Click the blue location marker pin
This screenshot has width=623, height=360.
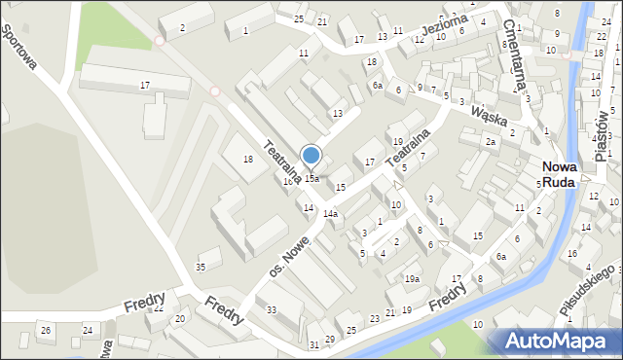[311, 156]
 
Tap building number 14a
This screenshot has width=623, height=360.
[331, 213]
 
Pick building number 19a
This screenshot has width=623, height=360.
[413, 279]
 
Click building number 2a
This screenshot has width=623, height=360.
[492, 142]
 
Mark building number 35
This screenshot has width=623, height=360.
[202, 267]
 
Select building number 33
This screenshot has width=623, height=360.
[273, 310]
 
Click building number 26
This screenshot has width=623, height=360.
[45, 331]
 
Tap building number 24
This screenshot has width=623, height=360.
[88, 331]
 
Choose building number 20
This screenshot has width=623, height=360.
[179, 319]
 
